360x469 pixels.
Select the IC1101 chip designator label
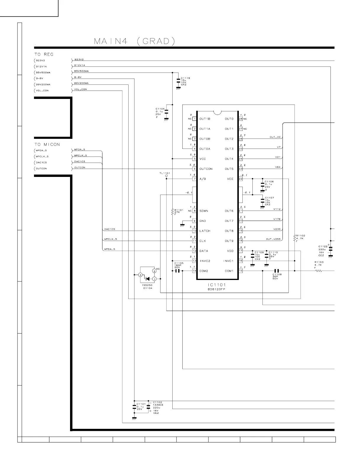(x=217, y=285)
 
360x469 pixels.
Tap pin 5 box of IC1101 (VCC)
(x=194, y=159)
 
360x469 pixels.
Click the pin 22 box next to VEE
(x=241, y=179)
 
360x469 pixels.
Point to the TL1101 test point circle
(x=166, y=176)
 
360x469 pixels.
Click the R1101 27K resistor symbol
(x=172, y=211)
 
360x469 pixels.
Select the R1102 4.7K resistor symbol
(x=295, y=237)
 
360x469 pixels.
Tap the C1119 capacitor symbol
(x=178, y=83)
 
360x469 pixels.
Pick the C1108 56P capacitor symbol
(x=277, y=271)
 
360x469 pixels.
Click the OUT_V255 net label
(x=273, y=239)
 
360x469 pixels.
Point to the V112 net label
(x=277, y=209)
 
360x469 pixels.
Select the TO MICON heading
(x=47, y=144)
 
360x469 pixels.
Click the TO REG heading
(x=44, y=54)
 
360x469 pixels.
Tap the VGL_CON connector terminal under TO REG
(x=42, y=90)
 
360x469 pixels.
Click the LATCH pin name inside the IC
(x=205, y=231)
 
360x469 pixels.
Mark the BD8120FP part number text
(x=217, y=289)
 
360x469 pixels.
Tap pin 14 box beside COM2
(x=194, y=271)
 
